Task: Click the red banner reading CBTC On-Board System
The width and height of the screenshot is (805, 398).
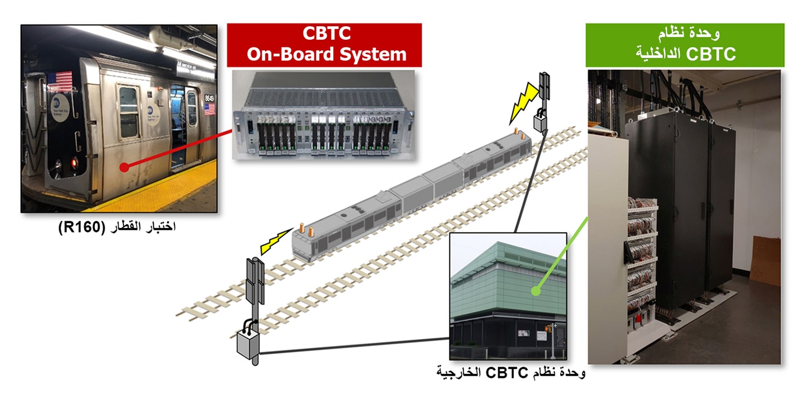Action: point(324,45)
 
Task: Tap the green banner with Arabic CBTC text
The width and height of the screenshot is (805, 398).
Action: point(685,45)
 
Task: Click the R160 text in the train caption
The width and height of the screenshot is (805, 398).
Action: point(82,227)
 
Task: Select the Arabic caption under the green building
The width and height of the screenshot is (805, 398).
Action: point(511,372)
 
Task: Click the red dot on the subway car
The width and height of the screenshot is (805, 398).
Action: point(124,167)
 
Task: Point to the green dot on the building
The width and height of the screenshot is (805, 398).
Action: point(536,291)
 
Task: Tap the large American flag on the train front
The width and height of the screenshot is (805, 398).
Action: point(60,81)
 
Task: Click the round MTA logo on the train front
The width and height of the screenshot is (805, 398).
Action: point(60,108)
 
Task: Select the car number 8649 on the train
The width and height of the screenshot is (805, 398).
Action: point(209,98)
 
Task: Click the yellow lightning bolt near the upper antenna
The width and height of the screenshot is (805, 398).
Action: point(523,103)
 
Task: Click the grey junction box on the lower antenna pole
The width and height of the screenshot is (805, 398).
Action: point(248,344)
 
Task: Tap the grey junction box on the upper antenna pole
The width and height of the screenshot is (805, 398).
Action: point(540,120)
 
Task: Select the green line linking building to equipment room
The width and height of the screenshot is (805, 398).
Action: point(562,254)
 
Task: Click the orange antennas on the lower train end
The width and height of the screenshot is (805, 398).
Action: point(306,230)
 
